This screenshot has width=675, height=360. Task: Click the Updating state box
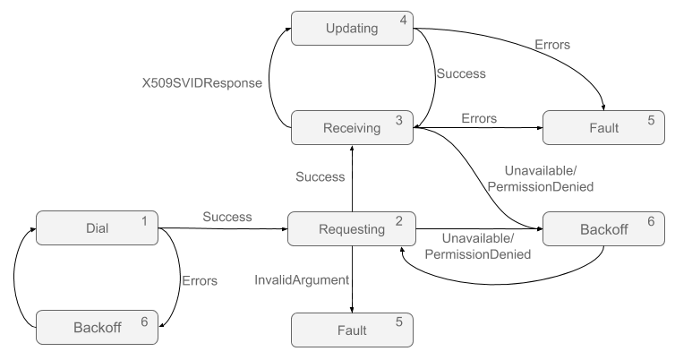tap(351, 28)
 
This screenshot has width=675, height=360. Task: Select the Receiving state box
tap(351, 128)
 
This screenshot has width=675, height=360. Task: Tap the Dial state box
tap(97, 228)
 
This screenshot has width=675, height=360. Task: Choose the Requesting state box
tap(351, 229)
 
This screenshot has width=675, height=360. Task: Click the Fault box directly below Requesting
tap(351, 330)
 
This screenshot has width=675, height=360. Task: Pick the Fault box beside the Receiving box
tap(603, 128)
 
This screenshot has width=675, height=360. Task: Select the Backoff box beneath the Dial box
tap(97, 328)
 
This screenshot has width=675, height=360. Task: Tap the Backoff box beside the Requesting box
tap(603, 229)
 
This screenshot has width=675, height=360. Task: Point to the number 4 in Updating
tap(404, 20)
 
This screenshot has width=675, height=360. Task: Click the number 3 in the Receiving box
tap(398, 120)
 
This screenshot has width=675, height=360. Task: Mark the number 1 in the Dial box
tap(144, 220)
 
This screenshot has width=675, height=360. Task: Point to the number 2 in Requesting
tap(398, 221)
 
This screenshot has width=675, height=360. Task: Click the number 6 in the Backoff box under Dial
tap(144, 321)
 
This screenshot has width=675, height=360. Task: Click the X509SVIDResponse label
tap(201, 82)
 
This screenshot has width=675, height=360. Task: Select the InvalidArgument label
tap(302, 280)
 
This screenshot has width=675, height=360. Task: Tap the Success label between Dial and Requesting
tap(226, 217)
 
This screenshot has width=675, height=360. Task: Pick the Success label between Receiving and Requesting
tap(320, 177)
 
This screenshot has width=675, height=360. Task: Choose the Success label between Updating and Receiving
tap(461, 73)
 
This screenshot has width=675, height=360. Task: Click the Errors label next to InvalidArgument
tap(200, 281)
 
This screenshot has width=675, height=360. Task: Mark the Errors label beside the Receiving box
tap(479, 118)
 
